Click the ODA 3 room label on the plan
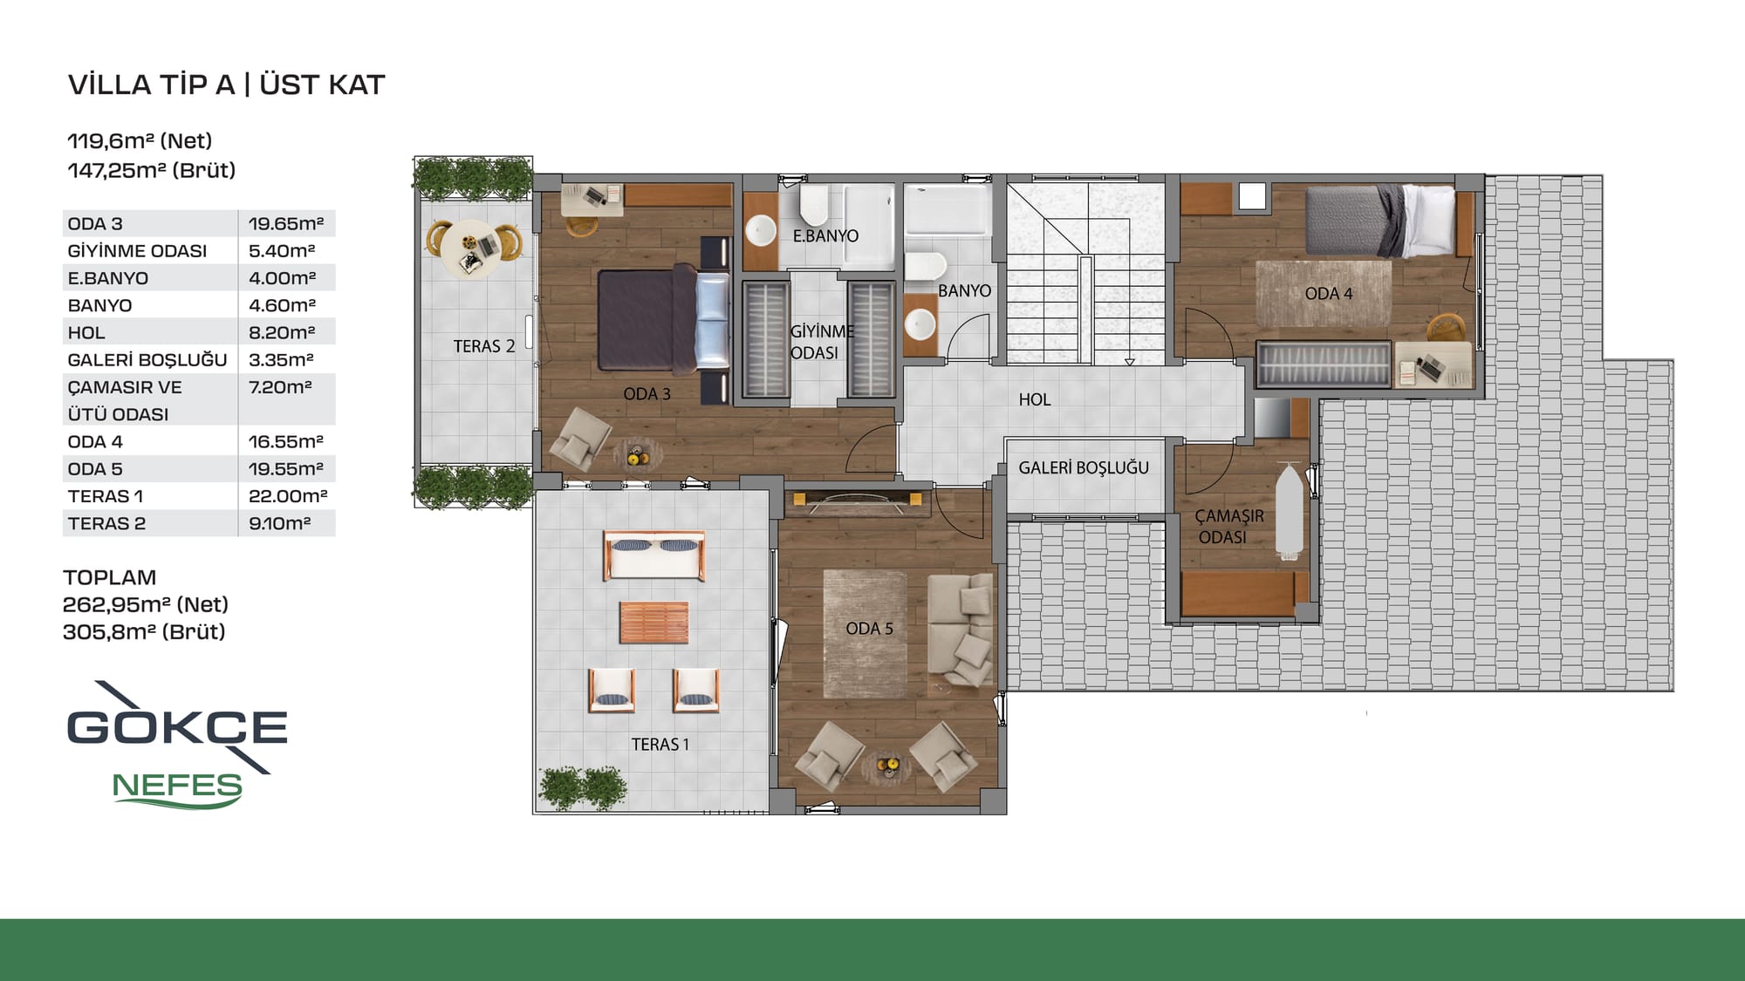(x=647, y=394)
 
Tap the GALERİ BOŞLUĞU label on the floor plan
(x=1084, y=468)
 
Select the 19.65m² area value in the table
(x=286, y=224)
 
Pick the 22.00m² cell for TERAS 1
(x=288, y=496)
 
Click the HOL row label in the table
(x=86, y=333)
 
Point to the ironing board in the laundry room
(x=1289, y=511)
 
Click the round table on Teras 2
(x=471, y=247)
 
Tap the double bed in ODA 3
(x=664, y=319)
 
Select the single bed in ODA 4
(x=1380, y=221)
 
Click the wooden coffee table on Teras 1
(x=654, y=623)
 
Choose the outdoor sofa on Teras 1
(x=654, y=555)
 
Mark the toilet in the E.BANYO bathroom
(x=814, y=205)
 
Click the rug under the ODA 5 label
(x=866, y=634)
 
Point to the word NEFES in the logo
(x=177, y=787)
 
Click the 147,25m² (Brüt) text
(x=152, y=170)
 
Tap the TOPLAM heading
(x=110, y=577)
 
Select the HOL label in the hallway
(x=1035, y=399)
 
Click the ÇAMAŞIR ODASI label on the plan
(x=1228, y=527)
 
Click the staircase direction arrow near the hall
(x=1130, y=361)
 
